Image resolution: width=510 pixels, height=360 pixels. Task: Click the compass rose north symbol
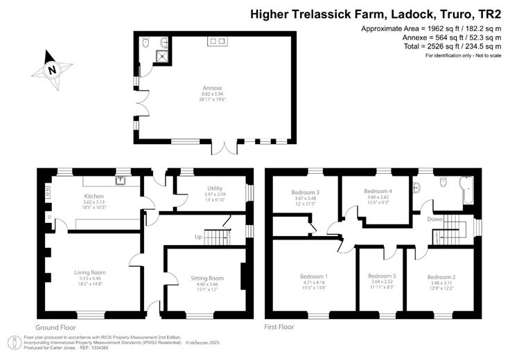coord(52,69)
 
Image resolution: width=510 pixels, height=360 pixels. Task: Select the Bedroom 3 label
coord(305,192)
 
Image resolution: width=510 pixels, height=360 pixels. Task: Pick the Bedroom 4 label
coord(378,191)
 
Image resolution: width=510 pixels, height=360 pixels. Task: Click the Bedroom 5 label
coord(382,276)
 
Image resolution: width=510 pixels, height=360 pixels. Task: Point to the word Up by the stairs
coord(197,237)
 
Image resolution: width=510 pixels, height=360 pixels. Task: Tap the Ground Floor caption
coord(54,325)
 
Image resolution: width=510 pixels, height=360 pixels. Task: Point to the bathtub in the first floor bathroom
coord(466,191)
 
